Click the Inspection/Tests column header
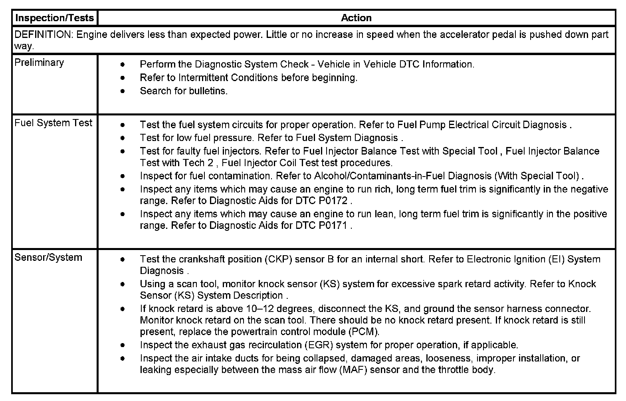[x=54, y=18]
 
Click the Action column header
[x=356, y=18]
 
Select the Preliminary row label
[x=39, y=63]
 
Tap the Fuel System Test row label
[x=53, y=123]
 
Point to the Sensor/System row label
[x=48, y=258]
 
